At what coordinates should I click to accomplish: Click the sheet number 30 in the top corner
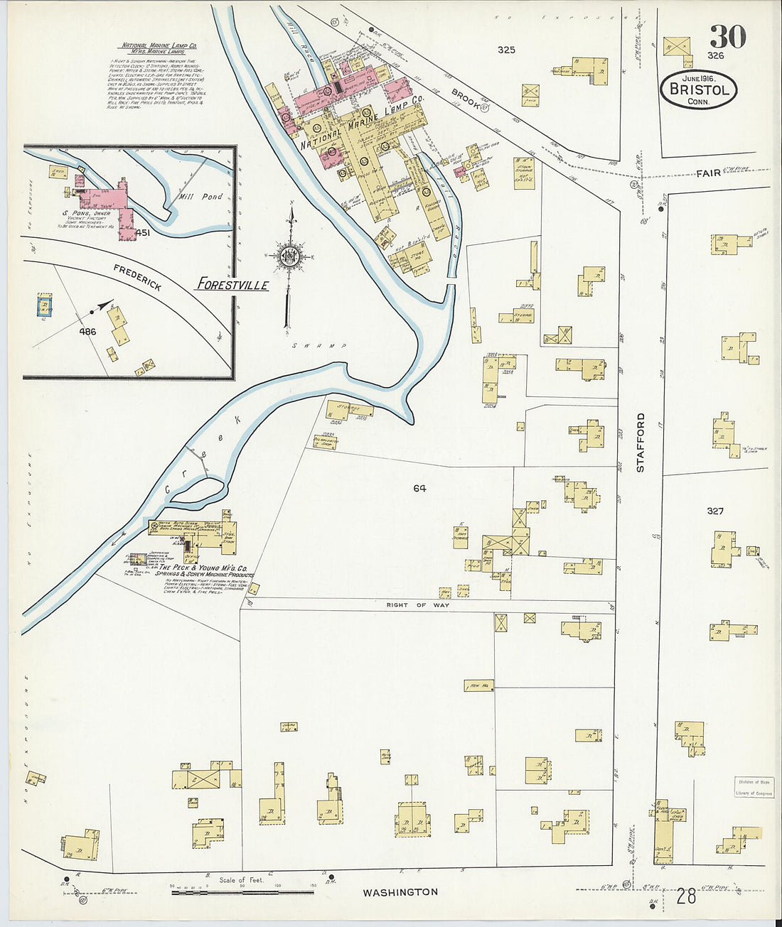tap(727, 36)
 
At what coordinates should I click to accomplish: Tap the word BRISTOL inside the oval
tap(698, 90)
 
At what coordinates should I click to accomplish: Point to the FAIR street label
tap(708, 172)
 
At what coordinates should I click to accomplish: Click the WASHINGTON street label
tap(400, 892)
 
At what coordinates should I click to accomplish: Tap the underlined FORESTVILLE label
tap(233, 285)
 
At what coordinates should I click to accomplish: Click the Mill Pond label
tap(201, 197)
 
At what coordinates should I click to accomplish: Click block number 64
tap(419, 488)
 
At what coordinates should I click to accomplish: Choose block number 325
tap(506, 50)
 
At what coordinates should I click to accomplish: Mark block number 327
tap(715, 511)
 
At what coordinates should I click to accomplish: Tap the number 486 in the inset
tap(87, 332)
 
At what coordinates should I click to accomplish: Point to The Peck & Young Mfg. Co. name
tap(203, 568)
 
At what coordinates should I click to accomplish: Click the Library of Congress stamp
tap(754, 788)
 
